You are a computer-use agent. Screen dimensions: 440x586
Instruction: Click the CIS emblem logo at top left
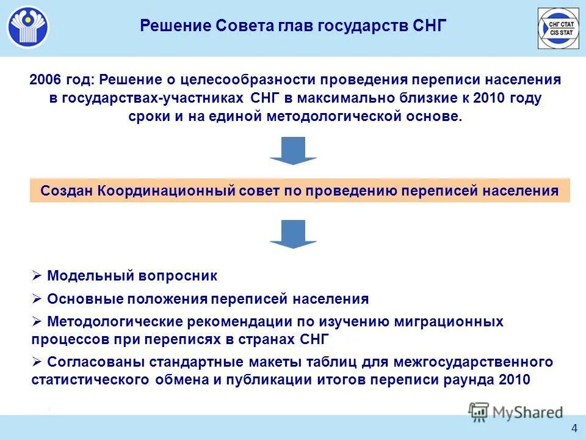click(x=28, y=28)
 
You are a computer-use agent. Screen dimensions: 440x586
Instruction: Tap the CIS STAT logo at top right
click(x=558, y=28)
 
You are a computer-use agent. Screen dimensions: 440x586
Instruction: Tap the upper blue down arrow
click(x=293, y=150)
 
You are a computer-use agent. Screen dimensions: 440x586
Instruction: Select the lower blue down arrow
click(x=293, y=234)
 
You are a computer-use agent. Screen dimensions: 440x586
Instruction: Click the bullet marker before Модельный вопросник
click(x=37, y=276)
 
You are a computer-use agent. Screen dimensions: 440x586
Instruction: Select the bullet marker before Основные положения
click(x=37, y=299)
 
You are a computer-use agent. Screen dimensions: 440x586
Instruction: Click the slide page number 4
click(x=574, y=427)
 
